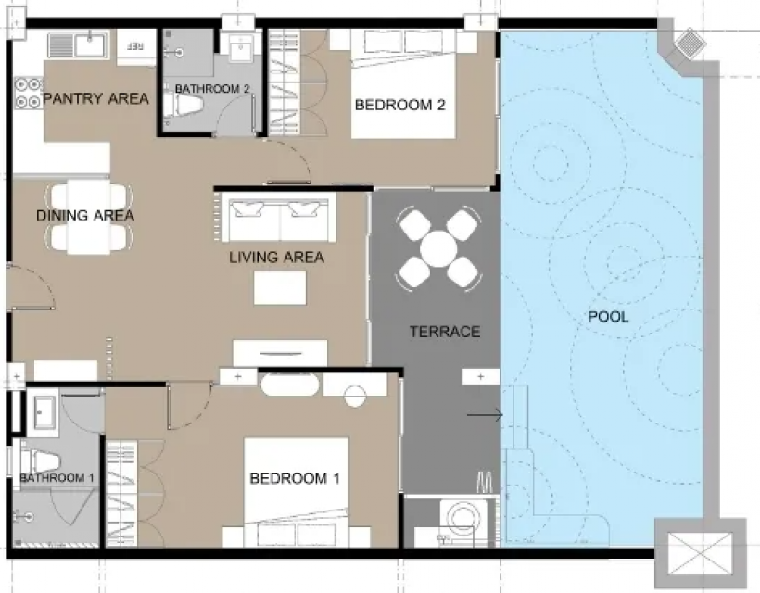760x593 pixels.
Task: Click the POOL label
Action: coord(608,317)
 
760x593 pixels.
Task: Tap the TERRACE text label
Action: coord(445,332)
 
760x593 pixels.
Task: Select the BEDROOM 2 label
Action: coord(399,105)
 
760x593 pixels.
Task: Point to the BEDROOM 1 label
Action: coord(295,479)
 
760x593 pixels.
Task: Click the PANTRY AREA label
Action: coord(96,98)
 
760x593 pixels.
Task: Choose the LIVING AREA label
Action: coord(277,258)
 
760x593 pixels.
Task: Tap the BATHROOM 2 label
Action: coord(212,89)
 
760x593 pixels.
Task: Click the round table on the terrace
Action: coord(438,249)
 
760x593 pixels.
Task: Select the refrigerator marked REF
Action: coord(135,46)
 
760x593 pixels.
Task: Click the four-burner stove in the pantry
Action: coord(28,94)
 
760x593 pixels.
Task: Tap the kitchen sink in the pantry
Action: coord(79,45)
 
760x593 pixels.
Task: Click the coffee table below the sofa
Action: coord(280,288)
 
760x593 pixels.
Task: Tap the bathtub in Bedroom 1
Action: coord(290,385)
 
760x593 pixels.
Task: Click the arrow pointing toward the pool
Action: coord(485,415)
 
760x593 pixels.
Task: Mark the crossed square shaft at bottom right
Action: coord(700,553)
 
